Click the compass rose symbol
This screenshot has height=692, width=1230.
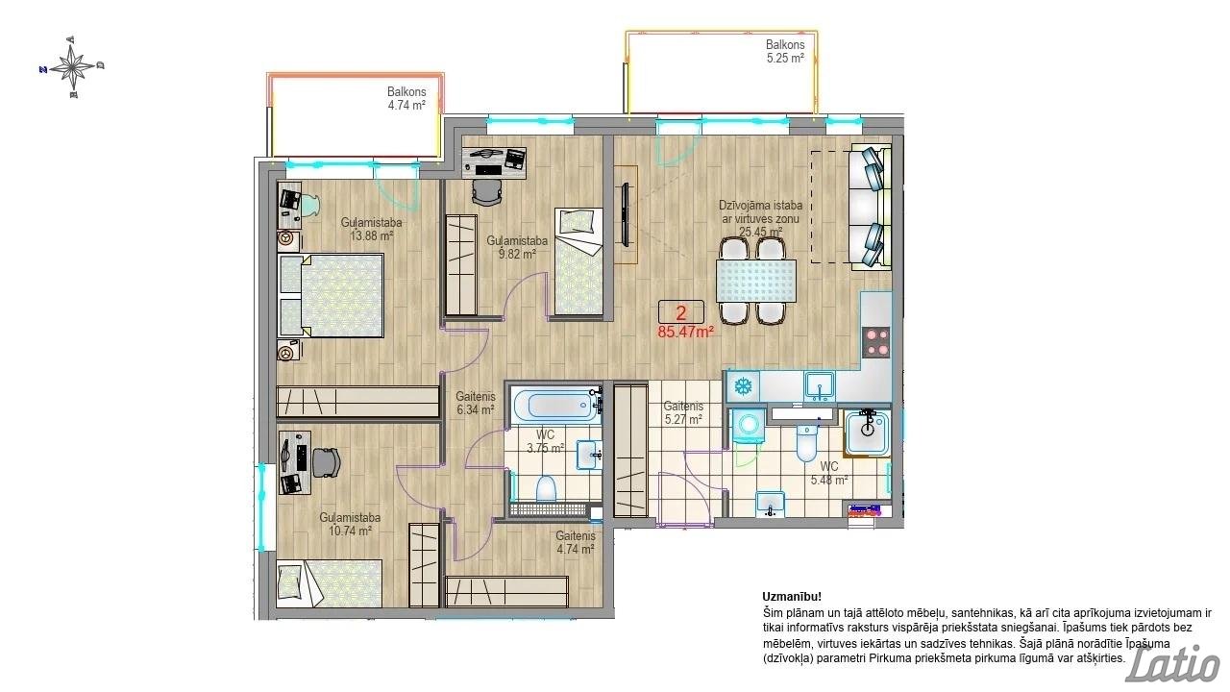[72, 67]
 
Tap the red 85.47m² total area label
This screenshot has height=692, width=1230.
[686, 332]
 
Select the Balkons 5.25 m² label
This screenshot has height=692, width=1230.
[785, 51]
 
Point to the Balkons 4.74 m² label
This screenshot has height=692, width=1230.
[406, 98]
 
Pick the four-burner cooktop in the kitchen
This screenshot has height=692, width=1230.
[875, 341]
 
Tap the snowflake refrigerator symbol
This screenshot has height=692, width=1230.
[743, 386]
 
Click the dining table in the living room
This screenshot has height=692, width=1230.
[756, 282]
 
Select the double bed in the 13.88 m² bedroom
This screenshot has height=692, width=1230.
[331, 295]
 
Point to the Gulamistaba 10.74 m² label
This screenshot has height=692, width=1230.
[350, 524]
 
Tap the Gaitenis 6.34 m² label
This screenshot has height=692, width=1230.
[476, 403]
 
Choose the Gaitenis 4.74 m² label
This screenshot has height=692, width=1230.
[575, 542]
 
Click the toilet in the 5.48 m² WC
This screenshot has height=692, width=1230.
[807, 443]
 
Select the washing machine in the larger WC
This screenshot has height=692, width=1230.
[749, 425]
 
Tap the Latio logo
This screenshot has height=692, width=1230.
[1173, 663]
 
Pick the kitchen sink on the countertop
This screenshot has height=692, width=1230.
[820, 385]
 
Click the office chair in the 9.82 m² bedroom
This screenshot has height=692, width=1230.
[487, 192]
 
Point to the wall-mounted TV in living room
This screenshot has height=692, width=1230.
[625, 214]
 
